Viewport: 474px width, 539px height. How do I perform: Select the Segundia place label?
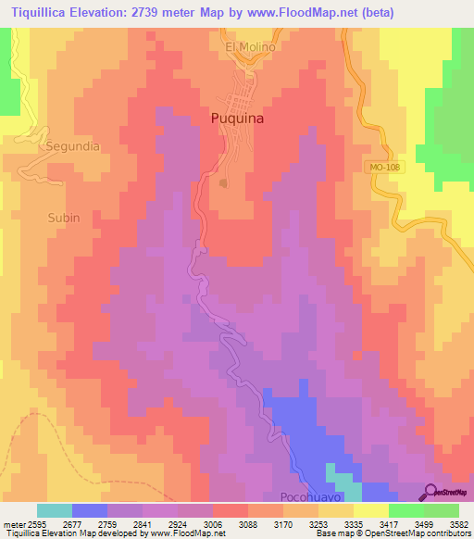pyautogui.click(x=72, y=146)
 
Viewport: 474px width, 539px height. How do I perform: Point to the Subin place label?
pyautogui.click(x=64, y=218)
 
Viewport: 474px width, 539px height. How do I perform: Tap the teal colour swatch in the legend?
pyautogui.click(x=55, y=510)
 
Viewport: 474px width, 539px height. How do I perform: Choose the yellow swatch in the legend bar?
pyautogui.click(x=370, y=510)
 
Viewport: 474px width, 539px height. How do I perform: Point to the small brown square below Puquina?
pyautogui.click(x=223, y=183)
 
